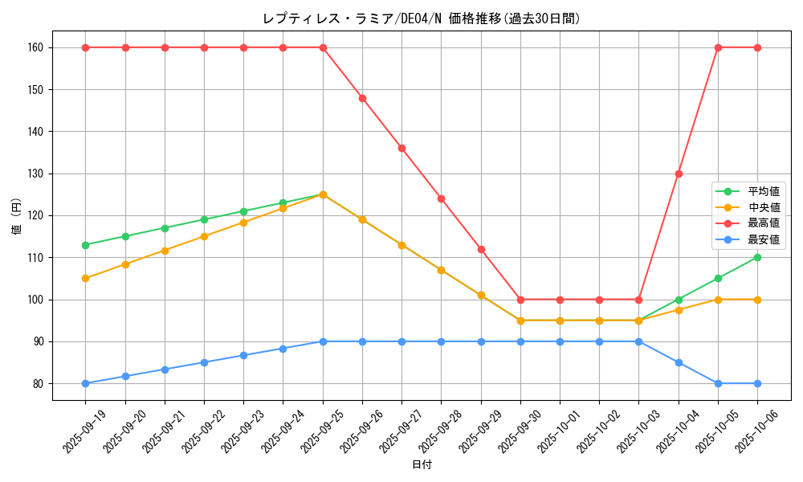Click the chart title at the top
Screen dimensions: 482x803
[x=421, y=18]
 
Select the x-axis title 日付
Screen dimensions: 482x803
[x=422, y=465]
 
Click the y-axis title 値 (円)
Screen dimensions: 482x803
[x=17, y=215]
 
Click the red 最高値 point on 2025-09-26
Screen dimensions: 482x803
[x=362, y=98]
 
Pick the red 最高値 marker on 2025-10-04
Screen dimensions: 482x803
[x=679, y=174]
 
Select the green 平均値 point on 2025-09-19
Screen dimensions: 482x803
[x=86, y=245]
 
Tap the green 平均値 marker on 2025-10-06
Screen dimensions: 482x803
[x=757, y=257]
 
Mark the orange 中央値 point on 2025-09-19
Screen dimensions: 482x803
[x=86, y=279]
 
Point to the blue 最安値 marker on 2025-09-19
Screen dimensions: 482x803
[x=86, y=383]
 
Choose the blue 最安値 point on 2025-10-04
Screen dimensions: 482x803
[x=679, y=362]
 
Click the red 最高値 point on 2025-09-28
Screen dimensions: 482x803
[x=441, y=198]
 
